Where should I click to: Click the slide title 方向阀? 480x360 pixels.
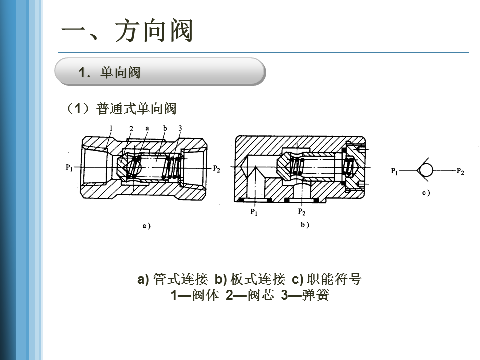(127, 31)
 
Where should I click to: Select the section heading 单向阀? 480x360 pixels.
(120, 73)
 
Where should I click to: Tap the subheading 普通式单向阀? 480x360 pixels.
(137, 108)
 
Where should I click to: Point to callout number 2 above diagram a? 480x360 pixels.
(131, 129)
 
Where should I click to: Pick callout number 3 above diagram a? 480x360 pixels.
(180, 128)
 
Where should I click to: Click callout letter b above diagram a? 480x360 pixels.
(165, 128)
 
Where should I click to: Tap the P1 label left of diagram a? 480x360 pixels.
(69, 168)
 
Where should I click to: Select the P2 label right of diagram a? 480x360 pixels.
(216, 168)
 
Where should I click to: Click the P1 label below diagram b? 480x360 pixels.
(254, 212)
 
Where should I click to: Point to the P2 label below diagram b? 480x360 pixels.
(302, 212)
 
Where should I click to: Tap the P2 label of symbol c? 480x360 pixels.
(460, 172)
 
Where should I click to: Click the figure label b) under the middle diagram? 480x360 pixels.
(305, 225)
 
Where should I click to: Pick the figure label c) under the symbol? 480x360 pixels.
(426, 192)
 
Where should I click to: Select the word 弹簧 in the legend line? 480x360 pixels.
(316, 295)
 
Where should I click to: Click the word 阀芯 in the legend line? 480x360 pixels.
(261, 295)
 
